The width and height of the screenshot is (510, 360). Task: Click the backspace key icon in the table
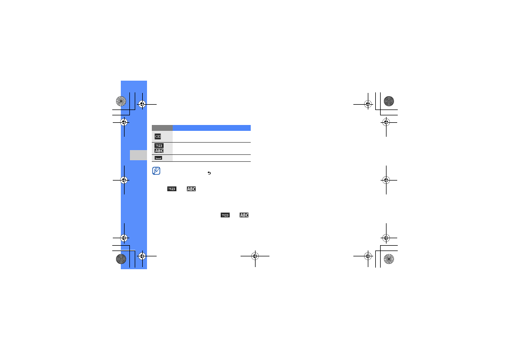coord(158,136)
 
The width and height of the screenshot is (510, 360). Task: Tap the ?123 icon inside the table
coord(159,146)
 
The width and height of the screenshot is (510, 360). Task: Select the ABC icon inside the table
coord(159,151)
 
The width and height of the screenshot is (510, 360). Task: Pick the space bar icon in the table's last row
coord(158,158)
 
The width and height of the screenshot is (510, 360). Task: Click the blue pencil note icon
coord(156,170)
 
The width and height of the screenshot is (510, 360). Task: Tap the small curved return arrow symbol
coord(209,173)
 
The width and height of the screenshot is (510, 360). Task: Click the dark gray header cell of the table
coord(163,128)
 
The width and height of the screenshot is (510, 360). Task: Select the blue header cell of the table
coord(212,128)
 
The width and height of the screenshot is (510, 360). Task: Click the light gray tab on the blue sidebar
coord(138,155)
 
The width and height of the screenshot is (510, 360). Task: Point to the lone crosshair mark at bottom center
coord(255,256)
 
